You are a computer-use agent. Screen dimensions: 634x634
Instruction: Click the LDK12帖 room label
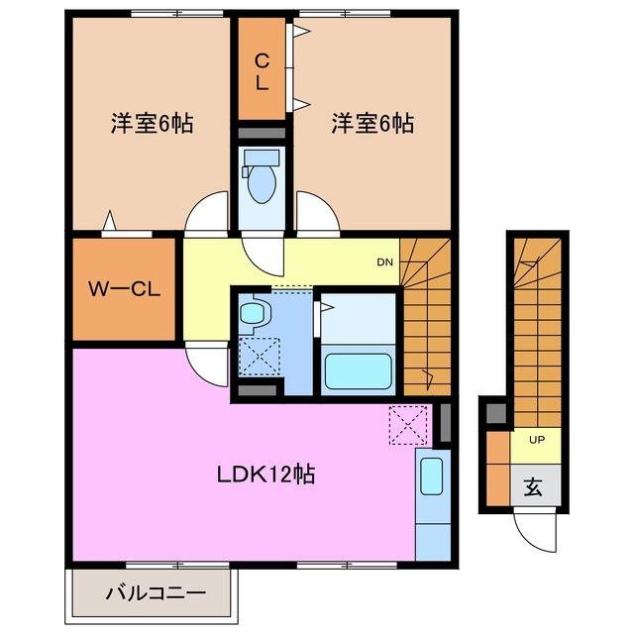[x=266, y=475]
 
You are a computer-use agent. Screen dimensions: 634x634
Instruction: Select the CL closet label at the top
[x=261, y=73]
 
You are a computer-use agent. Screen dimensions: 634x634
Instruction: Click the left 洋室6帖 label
[x=152, y=124]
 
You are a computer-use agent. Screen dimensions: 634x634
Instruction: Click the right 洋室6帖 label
[x=372, y=124]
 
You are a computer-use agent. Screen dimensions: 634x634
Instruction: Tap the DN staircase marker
[x=384, y=263]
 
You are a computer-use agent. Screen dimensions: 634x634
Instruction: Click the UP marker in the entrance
[x=536, y=439]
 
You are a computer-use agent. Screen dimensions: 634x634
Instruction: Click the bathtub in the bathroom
[x=360, y=371]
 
